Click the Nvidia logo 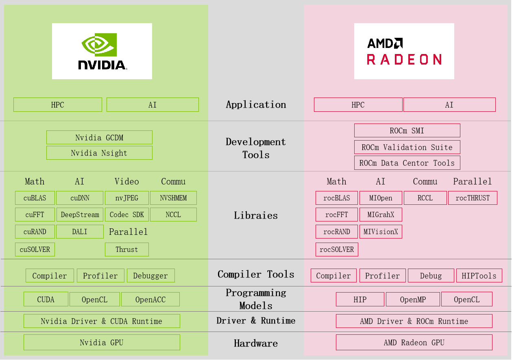click(x=102, y=51)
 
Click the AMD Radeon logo click(x=404, y=51)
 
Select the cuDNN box click(x=80, y=198)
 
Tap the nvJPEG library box click(x=127, y=198)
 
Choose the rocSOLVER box click(x=337, y=249)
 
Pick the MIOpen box click(x=381, y=198)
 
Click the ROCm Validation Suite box click(x=407, y=147)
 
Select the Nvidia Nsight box click(x=99, y=153)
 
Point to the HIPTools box click(x=479, y=275)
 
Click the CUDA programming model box click(x=46, y=299)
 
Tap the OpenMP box click(x=413, y=299)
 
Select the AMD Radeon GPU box click(x=414, y=342)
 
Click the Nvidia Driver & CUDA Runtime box click(x=102, y=321)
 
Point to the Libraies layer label click(x=256, y=215)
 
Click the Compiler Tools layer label click(x=256, y=274)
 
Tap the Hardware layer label click(x=256, y=343)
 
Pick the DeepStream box click(x=80, y=215)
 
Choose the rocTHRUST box click(x=473, y=198)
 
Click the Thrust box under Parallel click(x=127, y=249)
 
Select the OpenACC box click(x=150, y=299)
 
